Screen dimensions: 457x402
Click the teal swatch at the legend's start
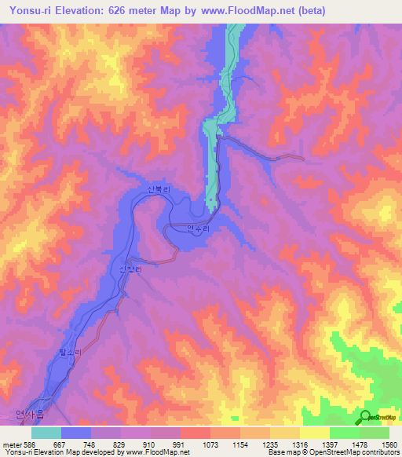[46, 433]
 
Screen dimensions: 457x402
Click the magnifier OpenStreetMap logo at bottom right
[366, 417]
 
